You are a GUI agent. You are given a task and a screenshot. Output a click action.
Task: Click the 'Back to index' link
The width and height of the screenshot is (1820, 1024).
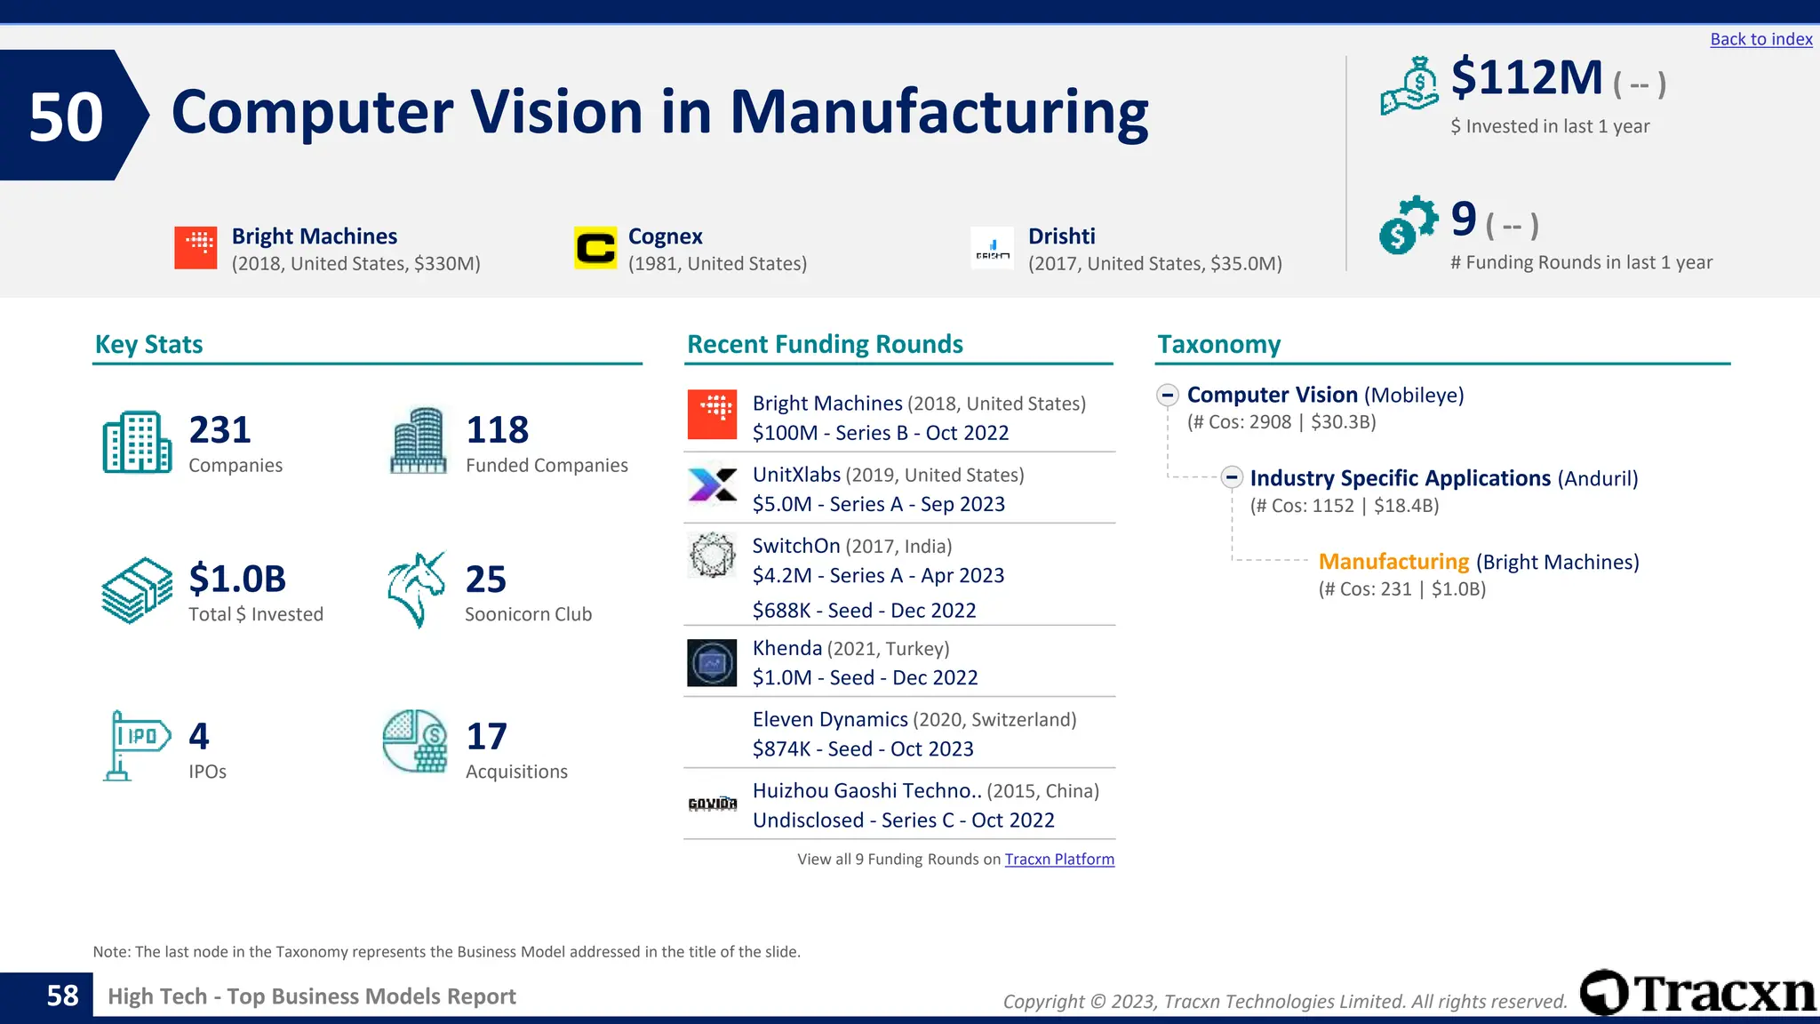point(1760,39)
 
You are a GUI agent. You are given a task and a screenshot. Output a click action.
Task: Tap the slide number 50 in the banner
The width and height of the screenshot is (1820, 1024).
point(66,116)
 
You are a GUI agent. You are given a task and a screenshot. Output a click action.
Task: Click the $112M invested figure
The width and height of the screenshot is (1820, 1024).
point(1526,78)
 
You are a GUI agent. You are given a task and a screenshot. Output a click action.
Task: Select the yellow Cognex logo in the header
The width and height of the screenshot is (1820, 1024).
point(595,248)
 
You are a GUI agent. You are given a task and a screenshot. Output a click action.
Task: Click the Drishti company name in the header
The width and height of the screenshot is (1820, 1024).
point(1061,236)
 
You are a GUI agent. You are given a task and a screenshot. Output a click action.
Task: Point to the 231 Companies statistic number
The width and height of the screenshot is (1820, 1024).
point(220,430)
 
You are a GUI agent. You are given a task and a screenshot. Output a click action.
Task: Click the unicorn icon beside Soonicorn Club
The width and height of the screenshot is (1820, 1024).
point(416,589)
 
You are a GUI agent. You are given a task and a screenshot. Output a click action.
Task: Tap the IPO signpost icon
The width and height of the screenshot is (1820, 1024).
point(136,745)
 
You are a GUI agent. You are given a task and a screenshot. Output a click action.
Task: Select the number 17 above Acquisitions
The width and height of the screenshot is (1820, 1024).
point(486,737)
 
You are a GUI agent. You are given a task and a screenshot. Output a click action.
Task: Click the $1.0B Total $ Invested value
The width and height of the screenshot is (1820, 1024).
point(237,580)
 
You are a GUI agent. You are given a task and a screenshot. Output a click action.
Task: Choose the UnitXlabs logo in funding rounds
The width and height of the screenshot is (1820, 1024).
point(712,486)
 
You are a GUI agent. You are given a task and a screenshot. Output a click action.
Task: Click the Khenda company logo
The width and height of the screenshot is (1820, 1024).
point(712,663)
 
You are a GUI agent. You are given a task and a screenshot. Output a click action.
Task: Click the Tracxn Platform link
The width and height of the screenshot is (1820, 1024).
point(1059,860)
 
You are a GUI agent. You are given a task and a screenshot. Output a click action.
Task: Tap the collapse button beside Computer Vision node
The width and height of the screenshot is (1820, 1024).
point(1168,395)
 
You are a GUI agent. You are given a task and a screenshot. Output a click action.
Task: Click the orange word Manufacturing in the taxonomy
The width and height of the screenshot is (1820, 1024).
point(1393,562)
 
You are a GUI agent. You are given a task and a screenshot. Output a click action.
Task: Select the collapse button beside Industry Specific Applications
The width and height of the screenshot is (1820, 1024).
point(1231,478)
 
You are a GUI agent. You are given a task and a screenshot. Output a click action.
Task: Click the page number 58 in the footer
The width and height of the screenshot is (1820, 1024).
point(62,996)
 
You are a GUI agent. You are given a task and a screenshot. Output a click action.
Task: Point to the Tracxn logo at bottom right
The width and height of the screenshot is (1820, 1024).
point(1697,993)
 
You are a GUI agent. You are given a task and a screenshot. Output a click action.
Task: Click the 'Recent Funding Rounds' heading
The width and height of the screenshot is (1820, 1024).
point(825,345)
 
